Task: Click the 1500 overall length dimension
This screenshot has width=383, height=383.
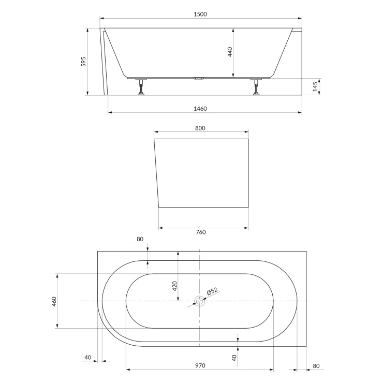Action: (200, 14)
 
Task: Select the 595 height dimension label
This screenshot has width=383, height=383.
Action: (83, 62)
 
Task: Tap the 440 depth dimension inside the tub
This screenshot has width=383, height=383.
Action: (230, 52)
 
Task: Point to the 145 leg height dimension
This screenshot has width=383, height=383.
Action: (315, 87)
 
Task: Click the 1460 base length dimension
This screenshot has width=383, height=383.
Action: (200, 109)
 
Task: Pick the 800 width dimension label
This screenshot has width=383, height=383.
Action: (200, 128)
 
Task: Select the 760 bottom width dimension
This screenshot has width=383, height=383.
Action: (201, 232)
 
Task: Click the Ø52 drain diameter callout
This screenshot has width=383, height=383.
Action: (212, 291)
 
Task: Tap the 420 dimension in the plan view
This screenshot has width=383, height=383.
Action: (174, 286)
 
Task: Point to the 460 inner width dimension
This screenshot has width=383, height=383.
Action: (54, 302)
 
